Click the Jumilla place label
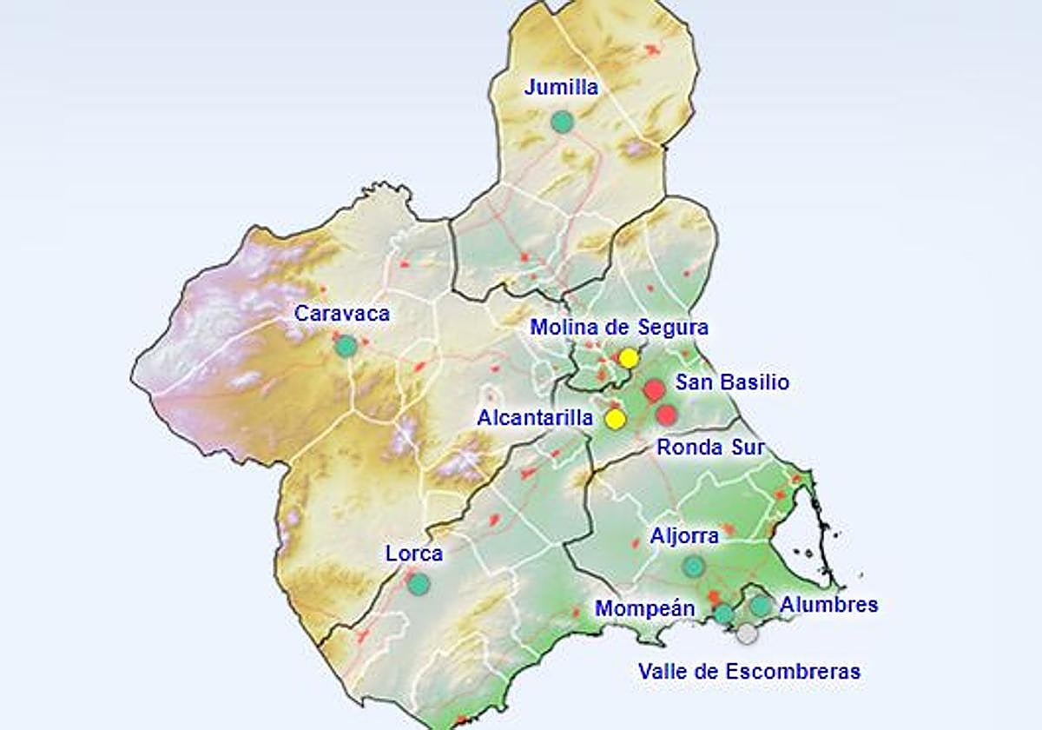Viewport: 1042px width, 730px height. pos(562,88)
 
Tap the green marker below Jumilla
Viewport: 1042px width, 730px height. pos(563,122)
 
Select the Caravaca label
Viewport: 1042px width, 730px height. pos(342,314)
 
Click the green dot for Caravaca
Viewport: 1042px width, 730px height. pos(346,346)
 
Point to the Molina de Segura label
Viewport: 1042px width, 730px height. pos(619,328)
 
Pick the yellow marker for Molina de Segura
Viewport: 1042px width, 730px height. pos(629,358)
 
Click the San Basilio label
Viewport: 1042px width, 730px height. pos(733,382)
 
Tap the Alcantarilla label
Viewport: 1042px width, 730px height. pos(534,418)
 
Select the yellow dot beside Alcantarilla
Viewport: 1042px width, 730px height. pos(616,420)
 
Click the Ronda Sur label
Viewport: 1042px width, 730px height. pos(710,448)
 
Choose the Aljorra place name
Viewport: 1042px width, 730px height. pos(684,536)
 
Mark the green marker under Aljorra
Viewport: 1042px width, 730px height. pos(693,567)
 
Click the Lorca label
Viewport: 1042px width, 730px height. pos(414,554)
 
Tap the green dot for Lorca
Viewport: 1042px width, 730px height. pos(419,584)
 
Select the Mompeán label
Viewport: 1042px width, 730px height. pos(645,608)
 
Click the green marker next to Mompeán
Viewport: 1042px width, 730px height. pos(723,614)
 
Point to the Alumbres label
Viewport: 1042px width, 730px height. pos(828,604)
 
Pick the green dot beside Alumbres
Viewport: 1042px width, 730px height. pos(761,606)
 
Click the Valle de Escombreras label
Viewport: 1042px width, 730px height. pos(749,671)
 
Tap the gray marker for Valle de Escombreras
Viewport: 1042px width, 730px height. pos(747,634)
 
